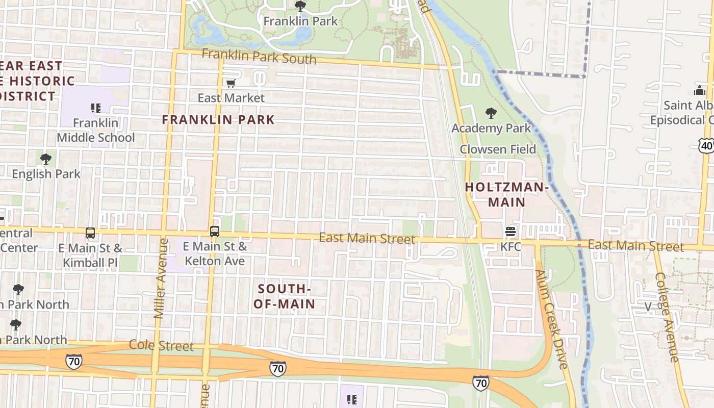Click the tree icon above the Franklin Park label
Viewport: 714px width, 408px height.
(300, 6)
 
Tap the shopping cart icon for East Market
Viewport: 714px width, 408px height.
(231, 83)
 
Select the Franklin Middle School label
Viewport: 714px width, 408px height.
(95, 130)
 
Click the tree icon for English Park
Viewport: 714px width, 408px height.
(46, 159)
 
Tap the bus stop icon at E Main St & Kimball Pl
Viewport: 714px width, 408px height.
(90, 233)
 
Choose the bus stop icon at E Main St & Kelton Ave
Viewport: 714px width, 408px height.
(215, 232)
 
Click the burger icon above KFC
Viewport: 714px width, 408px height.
(511, 232)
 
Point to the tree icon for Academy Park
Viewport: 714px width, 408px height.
(491, 113)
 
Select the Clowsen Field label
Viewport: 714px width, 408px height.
(498, 149)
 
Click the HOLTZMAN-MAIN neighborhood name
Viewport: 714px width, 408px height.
(506, 194)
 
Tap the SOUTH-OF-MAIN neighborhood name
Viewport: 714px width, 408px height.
(285, 296)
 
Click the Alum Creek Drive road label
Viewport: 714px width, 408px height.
(551, 319)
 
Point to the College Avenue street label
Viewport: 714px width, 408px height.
(668, 317)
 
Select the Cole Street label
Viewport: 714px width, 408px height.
(161, 345)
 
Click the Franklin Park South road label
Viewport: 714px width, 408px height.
(259, 56)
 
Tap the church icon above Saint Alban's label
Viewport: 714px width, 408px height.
(700, 90)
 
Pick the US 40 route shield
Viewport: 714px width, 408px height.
(707, 145)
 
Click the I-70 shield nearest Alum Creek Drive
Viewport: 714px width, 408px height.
(480, 382)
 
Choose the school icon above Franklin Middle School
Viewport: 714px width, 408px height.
(95, 108)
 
